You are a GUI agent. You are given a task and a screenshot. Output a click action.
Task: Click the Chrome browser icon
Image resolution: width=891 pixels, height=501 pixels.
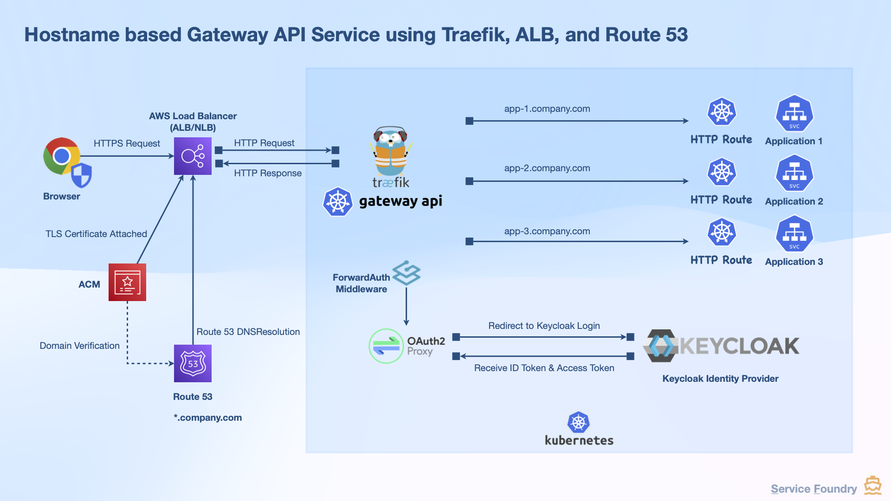pyautogui.click(x=62, y=156)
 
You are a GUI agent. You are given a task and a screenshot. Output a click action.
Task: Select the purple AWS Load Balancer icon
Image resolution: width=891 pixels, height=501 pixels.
pyautogui.click(x=193, y=156)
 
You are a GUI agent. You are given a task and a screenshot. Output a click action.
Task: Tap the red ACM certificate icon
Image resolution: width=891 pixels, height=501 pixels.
pyautogui.click(x=127, y=282)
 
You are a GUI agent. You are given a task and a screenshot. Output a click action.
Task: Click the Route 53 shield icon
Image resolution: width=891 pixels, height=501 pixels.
pyautogui.click(x=193, y=363)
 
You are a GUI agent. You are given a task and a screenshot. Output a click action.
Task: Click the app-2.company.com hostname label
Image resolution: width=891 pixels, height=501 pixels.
pyautogui.click(x=547, y=168)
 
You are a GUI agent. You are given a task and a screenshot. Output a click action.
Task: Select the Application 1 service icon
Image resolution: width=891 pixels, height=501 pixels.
pyautogui.click(x=794, y=114)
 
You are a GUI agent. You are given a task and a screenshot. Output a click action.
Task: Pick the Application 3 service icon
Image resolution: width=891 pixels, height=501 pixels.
pyautogui.click(x=794, y=234)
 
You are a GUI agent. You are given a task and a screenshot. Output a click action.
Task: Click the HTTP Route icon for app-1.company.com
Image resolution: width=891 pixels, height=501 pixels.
pyautogui.click(x=722, y=112)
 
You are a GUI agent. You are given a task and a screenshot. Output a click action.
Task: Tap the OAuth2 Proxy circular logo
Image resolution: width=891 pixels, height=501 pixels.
pyautogui.click(x=386, y=346)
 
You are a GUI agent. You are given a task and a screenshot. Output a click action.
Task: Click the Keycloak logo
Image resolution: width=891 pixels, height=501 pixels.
pyautogui.click(x=721, y=346)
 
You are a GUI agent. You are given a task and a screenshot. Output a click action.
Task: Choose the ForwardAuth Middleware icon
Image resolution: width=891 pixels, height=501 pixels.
pyautogui.click(x=407, y=273)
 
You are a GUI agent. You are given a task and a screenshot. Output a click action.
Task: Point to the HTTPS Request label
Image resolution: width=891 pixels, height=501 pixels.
pyautogui.click(x=127, y=143)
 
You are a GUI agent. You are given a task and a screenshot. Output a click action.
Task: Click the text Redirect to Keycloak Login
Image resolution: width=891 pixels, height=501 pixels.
pyautogui.click(x=544, y=326)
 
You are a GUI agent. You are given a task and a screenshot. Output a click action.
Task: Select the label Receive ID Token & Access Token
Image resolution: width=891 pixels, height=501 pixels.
pyautogui.click(x=544, y=368)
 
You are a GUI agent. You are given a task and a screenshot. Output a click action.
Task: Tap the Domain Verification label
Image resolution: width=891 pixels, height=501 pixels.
pyautogui.click(x=79, y=346)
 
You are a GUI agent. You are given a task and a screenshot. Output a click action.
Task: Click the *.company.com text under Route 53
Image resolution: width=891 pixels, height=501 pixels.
pyautogui.click(x=208, y=417)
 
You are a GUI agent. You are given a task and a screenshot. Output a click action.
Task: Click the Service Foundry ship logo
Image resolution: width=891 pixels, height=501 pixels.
pyautogui.click(x=872, y=486)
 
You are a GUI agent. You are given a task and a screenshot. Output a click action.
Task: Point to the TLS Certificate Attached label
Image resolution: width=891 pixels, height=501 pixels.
pyautogui.click(x=96, y=234)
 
